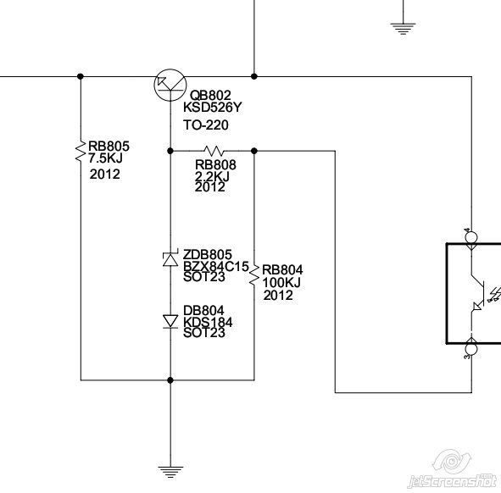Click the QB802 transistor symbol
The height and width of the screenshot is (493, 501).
(x=170, y=85)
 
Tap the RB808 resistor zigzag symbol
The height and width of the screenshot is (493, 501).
(x=214, y=151)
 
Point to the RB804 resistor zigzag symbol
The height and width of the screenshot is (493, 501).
(x=254, y=274)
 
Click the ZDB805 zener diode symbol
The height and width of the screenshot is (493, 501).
(x=170, y=259)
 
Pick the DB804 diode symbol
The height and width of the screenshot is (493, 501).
(x=170, y=321)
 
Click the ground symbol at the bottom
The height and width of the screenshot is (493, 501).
(x=170, y=472)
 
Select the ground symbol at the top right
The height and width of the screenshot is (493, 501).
(x=403, y=29)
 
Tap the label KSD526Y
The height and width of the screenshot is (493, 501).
(x=213, y=108)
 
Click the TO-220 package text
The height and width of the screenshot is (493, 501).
(x=206, y=125)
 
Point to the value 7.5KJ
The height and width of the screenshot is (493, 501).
(x=105, y=158)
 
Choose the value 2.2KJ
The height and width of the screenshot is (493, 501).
(x=212, y=176)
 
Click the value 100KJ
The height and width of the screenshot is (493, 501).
(x=281, y=282)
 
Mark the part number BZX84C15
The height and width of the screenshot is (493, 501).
(x=216, y=266)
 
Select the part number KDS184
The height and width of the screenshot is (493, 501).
(x=208, y=322)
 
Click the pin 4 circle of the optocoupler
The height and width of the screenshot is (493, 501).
(x=471, y=237)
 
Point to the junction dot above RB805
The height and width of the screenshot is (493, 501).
(x=81, y=76)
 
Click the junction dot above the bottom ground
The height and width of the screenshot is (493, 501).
(x=170, y=380)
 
